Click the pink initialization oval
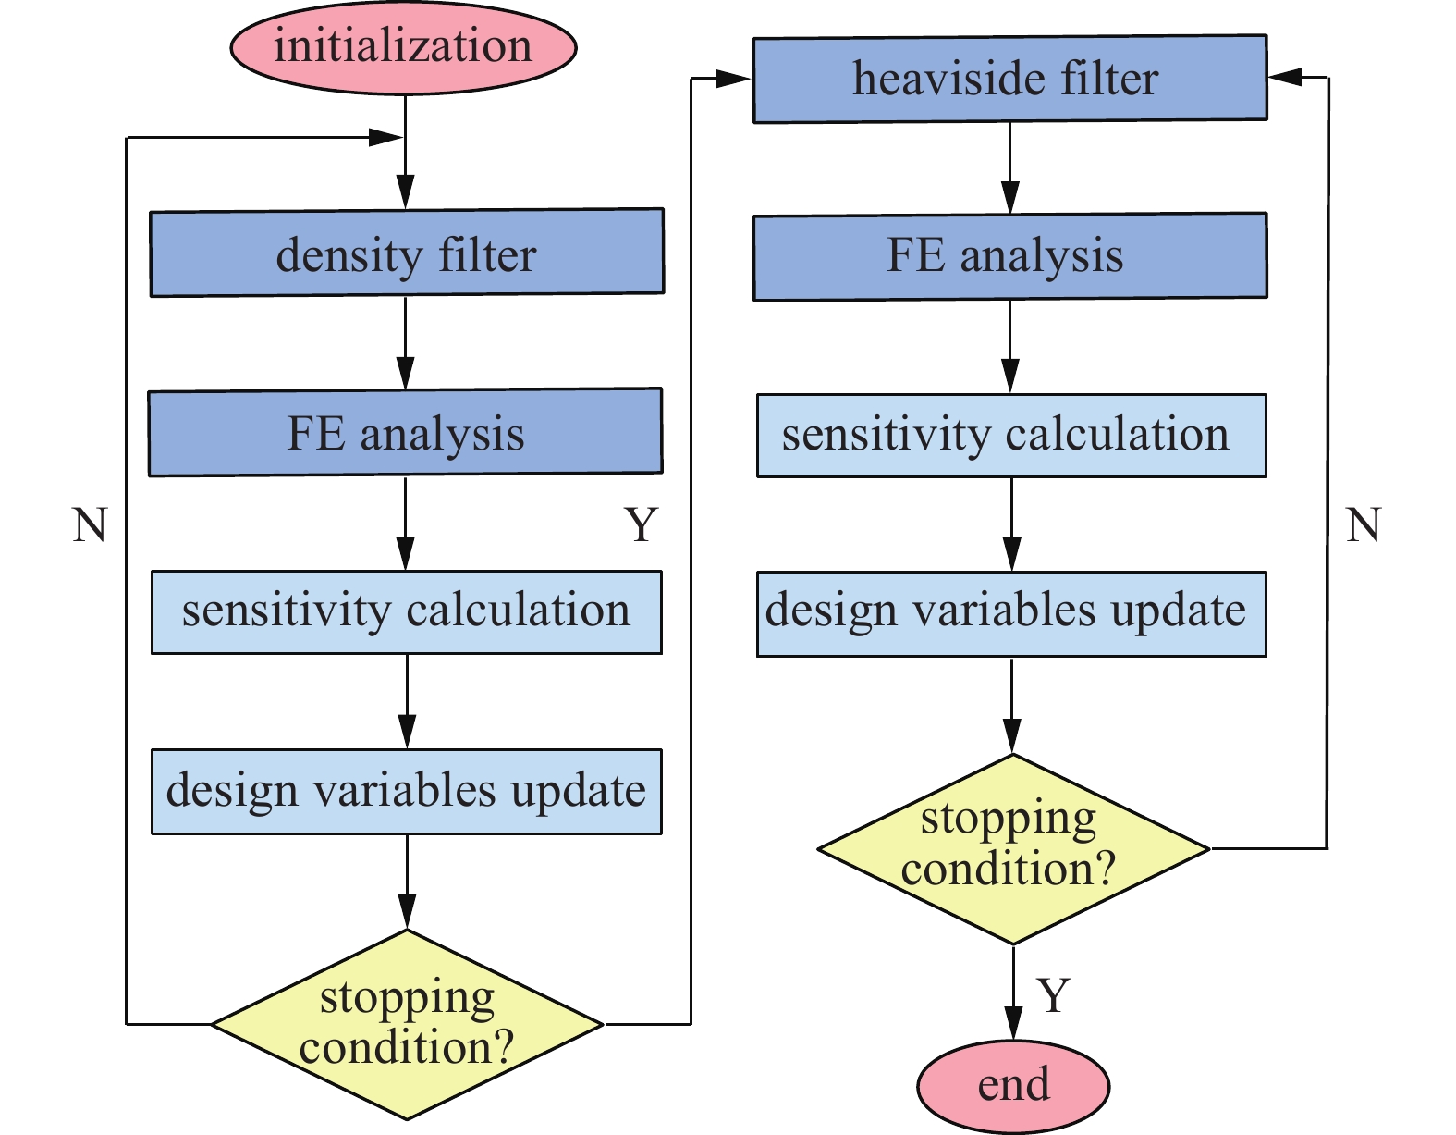point(403,47)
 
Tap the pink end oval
point(1013,1085)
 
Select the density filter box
point(407,253)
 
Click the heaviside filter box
point(1009,79)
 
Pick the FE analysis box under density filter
point(405,432)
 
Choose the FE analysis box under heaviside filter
point(1009,256)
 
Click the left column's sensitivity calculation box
point(406,612)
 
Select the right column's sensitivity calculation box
point(1011,436)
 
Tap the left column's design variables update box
point(406,792)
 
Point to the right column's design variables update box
point(1011,614)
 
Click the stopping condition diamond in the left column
point(407,1024)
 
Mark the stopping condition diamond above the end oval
point(1013,848)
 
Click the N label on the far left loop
point(90,525)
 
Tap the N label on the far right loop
point(1363,525)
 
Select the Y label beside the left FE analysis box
point(641,525)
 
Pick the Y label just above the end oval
point(1054,995)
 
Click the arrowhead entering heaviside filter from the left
point(735,80)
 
